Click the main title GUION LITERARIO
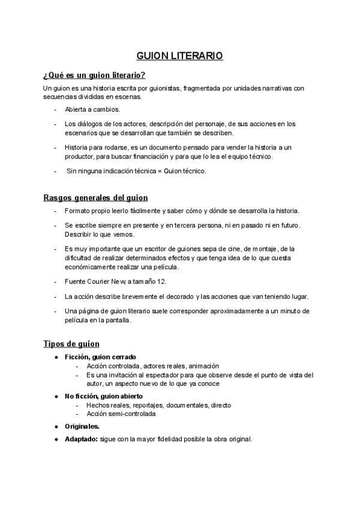[x=180, y=56]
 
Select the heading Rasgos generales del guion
[x=95, y=197]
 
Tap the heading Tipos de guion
[x=71, y=343]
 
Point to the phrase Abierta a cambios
[x=92, y=109]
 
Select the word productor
[x=82, y=157]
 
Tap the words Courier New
[x=103, y=282]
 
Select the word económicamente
[x=92, y=267]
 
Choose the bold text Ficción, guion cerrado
[x=101, y=357]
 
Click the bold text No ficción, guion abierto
[x=103, y=397]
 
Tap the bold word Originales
[x=82, y=426]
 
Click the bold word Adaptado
[x=82, y=439]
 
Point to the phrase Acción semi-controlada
[x=121, y=414]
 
